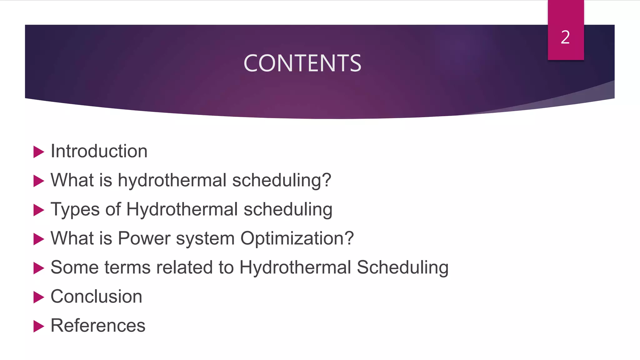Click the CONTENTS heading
[302, 63]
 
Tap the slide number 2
[565, 37]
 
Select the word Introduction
[99, 151]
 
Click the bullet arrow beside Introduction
[38, 152]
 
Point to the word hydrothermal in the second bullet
[172, 180]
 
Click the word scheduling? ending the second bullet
[282, 180]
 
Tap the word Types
[75, 209]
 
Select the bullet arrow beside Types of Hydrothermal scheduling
[38, 210]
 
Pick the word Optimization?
[297, 238]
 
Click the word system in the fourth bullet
[205, 238]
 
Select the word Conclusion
[96, 297]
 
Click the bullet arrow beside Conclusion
[38, 297]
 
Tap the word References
[98, 326]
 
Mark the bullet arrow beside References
[38, 326]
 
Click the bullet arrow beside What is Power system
[38, 239]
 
